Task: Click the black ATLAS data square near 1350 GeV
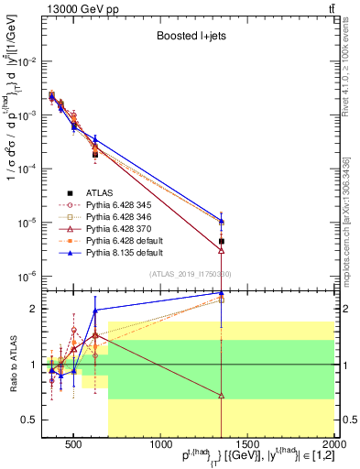[x=222, y=241]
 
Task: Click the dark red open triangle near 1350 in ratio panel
[x=222, y=396]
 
